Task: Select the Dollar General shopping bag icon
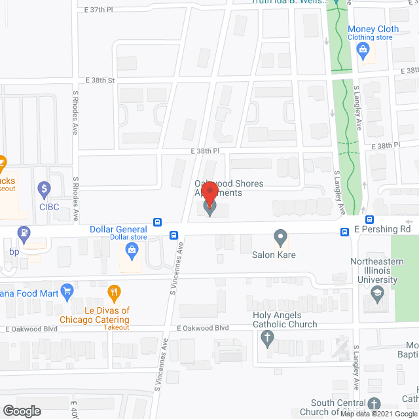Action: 132,249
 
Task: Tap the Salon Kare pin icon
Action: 280,237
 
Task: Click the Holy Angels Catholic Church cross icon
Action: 266,338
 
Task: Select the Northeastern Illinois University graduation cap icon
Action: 376,293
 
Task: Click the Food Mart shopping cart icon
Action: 66,290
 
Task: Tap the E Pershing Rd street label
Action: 382,230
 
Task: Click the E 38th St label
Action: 100,81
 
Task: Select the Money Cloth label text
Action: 373,29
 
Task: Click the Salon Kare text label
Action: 274,255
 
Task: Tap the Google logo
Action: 21,411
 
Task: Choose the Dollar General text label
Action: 118,229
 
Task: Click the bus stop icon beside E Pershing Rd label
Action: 345,231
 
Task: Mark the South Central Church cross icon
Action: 373,404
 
